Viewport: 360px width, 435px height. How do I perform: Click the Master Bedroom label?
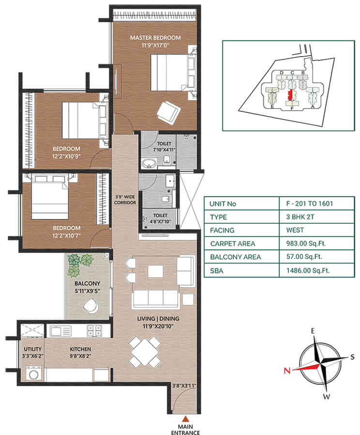pyautogui.click(x=155, y=38)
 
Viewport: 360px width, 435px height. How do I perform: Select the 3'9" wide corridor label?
pyautogui.click(x=125, y=200)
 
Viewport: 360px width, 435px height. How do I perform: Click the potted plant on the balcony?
pyautogui.click(x=79, y=264)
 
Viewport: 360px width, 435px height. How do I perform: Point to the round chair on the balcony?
pyautogui.click(x=90, y=305)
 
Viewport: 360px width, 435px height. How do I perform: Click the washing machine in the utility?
pyautogui.click(x=33, y=373)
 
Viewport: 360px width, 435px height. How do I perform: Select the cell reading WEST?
pyautogui.click(x=295, y=231)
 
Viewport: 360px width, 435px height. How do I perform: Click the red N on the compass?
pyautogui.click(x=286, y=371)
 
